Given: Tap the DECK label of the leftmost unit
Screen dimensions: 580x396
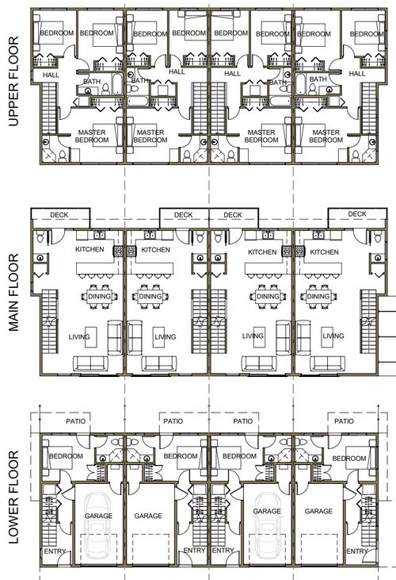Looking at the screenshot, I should coord(60,215).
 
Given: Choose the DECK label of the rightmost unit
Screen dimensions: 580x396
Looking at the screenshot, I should coord(357,214).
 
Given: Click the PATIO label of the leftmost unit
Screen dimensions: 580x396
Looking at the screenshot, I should coord(76,421).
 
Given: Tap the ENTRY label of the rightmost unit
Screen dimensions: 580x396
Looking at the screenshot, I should coord(359,551).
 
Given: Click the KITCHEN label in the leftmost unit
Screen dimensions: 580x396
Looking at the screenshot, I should coord(89,251).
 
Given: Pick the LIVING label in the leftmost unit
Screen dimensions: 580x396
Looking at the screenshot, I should coord(78,336).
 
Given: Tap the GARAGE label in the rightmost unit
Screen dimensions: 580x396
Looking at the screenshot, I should coord(318,513).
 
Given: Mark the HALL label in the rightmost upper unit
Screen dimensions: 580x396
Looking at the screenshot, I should coord(357,74).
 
